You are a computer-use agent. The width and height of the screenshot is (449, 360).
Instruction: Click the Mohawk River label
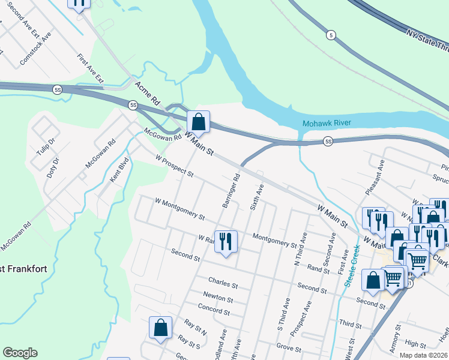point(326,123)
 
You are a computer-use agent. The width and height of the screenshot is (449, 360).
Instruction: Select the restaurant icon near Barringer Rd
point(226,242)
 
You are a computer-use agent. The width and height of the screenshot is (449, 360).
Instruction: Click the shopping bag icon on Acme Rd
point(199,122)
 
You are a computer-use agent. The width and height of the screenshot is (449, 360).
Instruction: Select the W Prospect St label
point(174,167)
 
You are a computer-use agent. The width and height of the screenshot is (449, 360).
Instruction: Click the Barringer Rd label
point(231,191)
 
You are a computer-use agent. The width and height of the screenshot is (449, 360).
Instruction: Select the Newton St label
point(218,298)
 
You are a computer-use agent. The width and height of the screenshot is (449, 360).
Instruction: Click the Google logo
point(20,353)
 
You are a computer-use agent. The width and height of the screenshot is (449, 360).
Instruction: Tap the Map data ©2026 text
point(423,355)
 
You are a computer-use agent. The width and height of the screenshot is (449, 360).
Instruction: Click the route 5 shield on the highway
point(331,35)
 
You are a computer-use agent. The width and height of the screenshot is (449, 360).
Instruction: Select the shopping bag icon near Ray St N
point(160,328)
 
